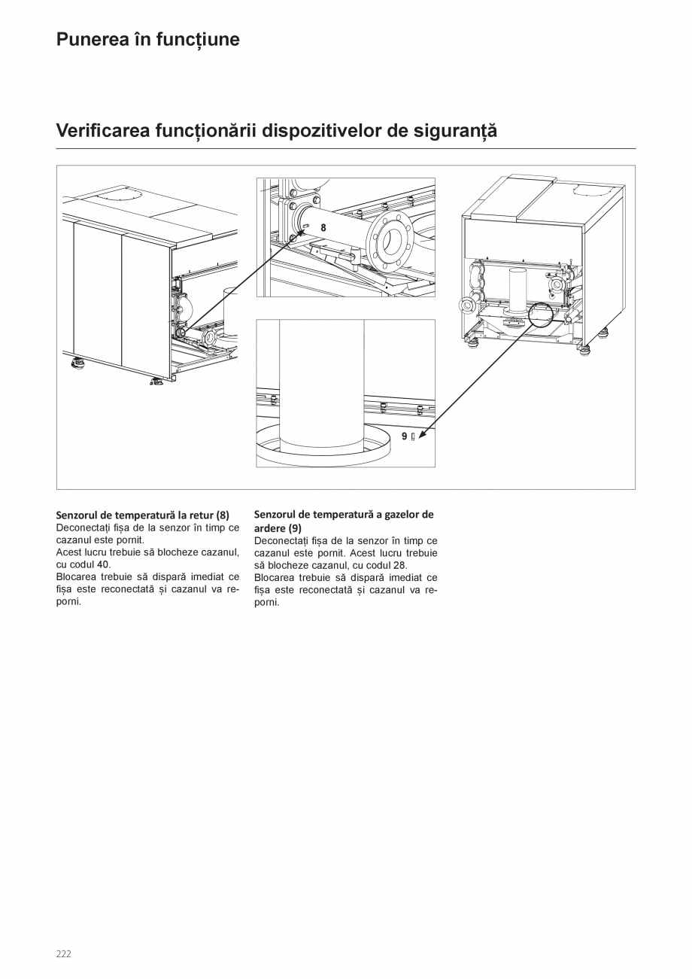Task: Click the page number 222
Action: pyautogui.click(x=64, y=954)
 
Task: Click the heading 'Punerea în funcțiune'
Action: pyautogui.click(x=148, y=40)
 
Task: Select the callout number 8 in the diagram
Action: pyautogui.click(x=323, y=227)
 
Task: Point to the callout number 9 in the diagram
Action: pyautogui.click(x=404, y=436)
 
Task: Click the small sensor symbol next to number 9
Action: pyautogui.click(x=413, y=436)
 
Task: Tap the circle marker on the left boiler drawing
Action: pyautogui.click(x=181, y=332)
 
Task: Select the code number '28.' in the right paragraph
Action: pyautogui.click(x=400, y=565)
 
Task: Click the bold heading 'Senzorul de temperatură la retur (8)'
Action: pyautogui.click(x=143, y=515)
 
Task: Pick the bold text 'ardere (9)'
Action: pyautogui.click(x=278, y=528)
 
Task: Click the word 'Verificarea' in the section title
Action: pyautogui.click(x=103, y=131)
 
